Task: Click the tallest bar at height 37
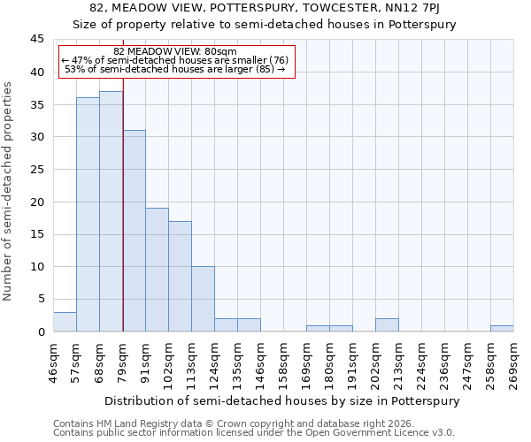111,211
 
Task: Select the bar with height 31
134,231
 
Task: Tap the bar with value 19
157,270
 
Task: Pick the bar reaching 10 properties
203,299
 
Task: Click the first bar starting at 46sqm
65,322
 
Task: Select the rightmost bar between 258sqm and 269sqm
502,328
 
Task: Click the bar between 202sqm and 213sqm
387,325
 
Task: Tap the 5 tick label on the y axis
41,300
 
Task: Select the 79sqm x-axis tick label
123,362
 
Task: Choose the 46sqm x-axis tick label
54,362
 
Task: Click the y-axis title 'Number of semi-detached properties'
9,190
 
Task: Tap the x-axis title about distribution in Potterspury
283,400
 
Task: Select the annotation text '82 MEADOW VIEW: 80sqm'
175,52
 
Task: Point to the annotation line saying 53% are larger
175,69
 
